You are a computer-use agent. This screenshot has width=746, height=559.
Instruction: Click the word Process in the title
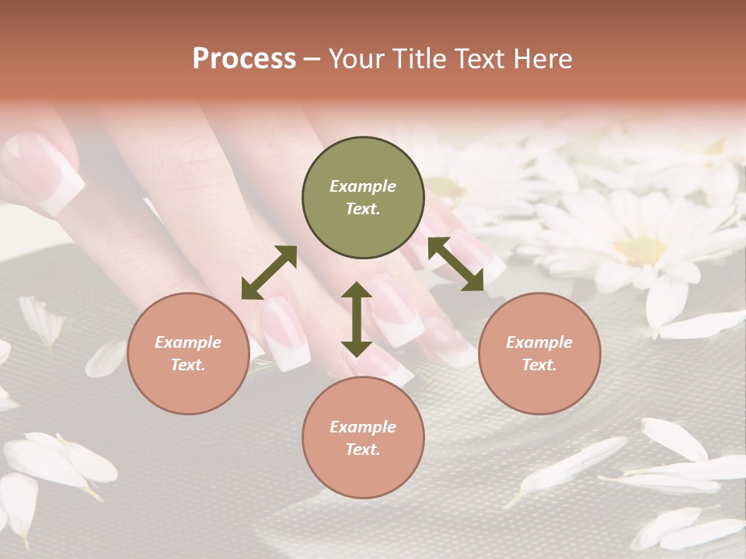click(x=244, y=59)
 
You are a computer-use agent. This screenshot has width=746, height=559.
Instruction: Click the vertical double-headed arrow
click(x=357, y=319)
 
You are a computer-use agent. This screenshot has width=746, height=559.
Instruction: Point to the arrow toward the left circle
click(x=269, y=273)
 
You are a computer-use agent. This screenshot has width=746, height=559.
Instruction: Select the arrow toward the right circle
click(x=455, y=264)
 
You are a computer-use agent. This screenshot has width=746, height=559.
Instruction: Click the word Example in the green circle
click(x=363, y=186)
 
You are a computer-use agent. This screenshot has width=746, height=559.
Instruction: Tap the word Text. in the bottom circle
click(x=363, y=450)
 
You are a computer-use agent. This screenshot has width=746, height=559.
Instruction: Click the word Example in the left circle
click(x=188, y=342)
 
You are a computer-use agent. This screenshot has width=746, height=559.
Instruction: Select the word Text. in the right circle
click(x=539, y=365)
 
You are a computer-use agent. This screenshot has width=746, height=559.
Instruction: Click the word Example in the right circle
click(x=539, y=342)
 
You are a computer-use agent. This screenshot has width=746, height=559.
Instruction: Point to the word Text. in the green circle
click(x=363, y=209)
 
